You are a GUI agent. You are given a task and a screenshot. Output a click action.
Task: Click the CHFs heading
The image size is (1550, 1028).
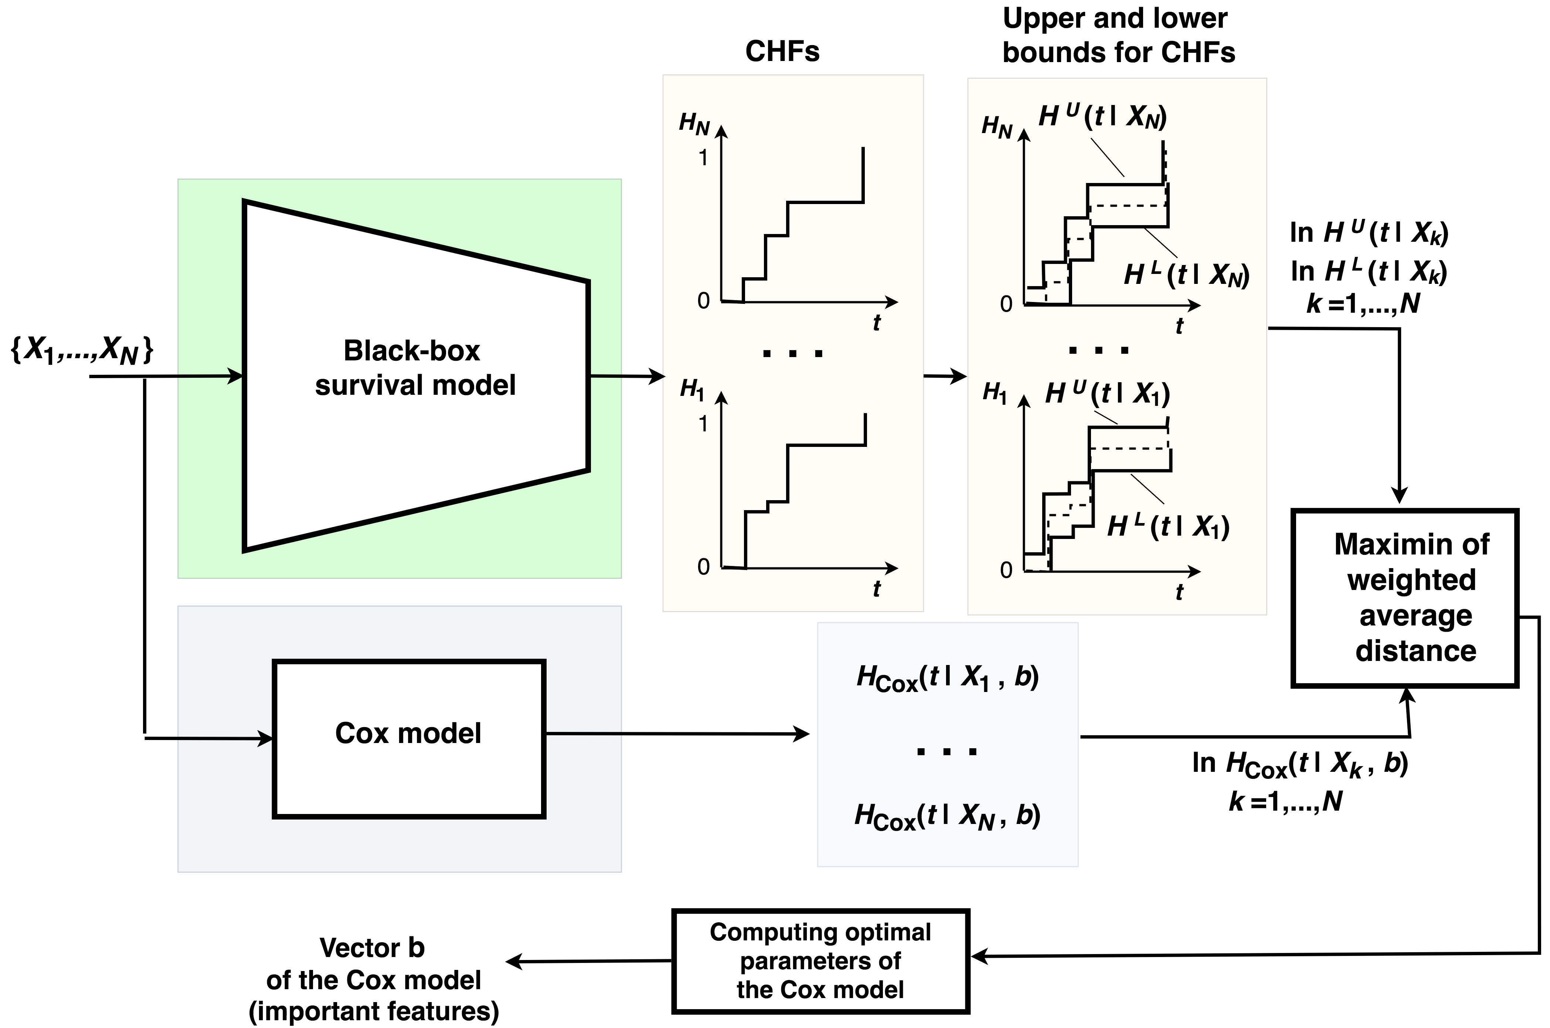click(x=782, y=51)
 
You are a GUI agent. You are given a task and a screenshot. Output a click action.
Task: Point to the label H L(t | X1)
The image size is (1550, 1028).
click(x=1168, y=526)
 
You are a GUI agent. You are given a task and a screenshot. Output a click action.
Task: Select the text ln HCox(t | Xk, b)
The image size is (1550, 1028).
click(x=1300, y=764)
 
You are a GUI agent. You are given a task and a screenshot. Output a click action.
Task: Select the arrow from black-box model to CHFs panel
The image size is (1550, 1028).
click(x=628, y=376)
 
